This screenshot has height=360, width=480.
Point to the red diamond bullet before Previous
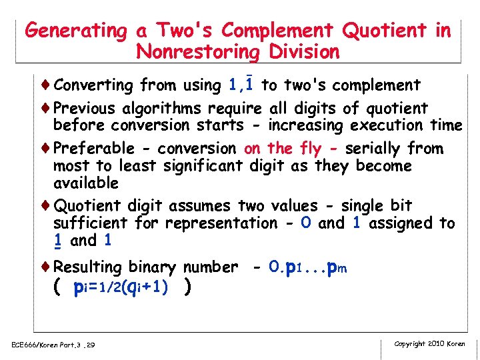point(47,108)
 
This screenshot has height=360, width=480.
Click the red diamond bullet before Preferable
point(47,148)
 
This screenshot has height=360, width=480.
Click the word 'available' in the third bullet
point(86,183)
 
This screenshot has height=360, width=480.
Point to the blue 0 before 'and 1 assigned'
point(305,223)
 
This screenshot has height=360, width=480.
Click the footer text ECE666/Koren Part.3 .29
point(53,345)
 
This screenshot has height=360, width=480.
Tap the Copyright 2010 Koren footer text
point(430,344)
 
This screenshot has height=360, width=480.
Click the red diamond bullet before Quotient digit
point(47,205)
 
